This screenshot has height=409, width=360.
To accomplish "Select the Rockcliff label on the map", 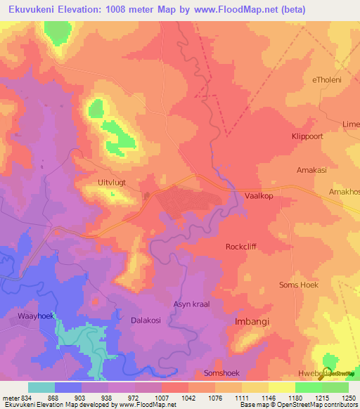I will click(243, 247).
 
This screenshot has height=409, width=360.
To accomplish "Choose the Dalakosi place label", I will click(146, 320).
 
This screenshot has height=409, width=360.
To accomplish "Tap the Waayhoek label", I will click(35, 317).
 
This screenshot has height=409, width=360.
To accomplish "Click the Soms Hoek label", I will click(299, 285).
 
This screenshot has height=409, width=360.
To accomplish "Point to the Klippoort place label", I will click(307, 136).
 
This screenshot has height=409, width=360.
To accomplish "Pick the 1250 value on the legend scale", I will click(348, 397).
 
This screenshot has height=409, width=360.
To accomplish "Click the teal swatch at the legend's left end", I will click(41, 387).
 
